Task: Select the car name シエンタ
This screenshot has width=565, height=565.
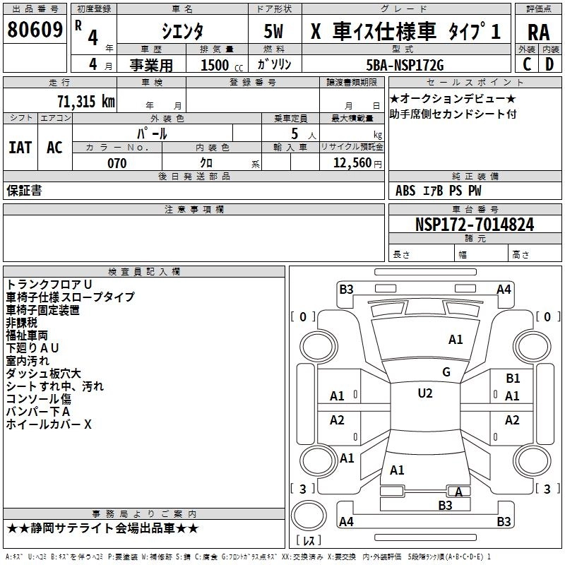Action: [181, 31]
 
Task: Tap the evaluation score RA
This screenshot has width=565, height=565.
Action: [538, 31]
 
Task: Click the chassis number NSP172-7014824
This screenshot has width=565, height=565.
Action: [474, 225]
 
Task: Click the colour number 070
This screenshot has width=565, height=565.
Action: [117, 163]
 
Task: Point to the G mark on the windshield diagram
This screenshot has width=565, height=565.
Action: [446, 372]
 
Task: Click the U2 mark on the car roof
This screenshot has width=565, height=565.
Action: [424, 393]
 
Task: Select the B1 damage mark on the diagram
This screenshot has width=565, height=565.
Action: [513, 379]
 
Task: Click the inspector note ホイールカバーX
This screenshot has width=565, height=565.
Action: [49, 424]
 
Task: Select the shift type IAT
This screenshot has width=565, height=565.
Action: [20, 148]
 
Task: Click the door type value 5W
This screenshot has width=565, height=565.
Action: [275, 31]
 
